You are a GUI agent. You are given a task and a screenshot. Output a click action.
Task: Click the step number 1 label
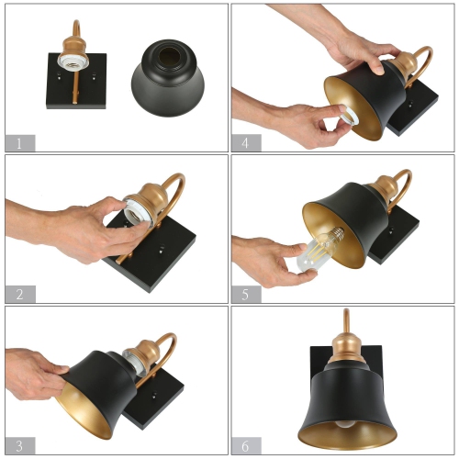(x=19, y=142)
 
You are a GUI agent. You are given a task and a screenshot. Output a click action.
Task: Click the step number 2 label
(x=19, y=294)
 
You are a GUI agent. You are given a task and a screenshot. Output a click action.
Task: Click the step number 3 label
(x=19, y=444)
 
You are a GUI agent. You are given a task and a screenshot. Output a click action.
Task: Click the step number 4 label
(x=246, y=142)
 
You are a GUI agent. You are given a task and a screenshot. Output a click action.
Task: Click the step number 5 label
(x=246, y=294)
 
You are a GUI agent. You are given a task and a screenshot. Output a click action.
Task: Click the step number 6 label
(x=246, y=444)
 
